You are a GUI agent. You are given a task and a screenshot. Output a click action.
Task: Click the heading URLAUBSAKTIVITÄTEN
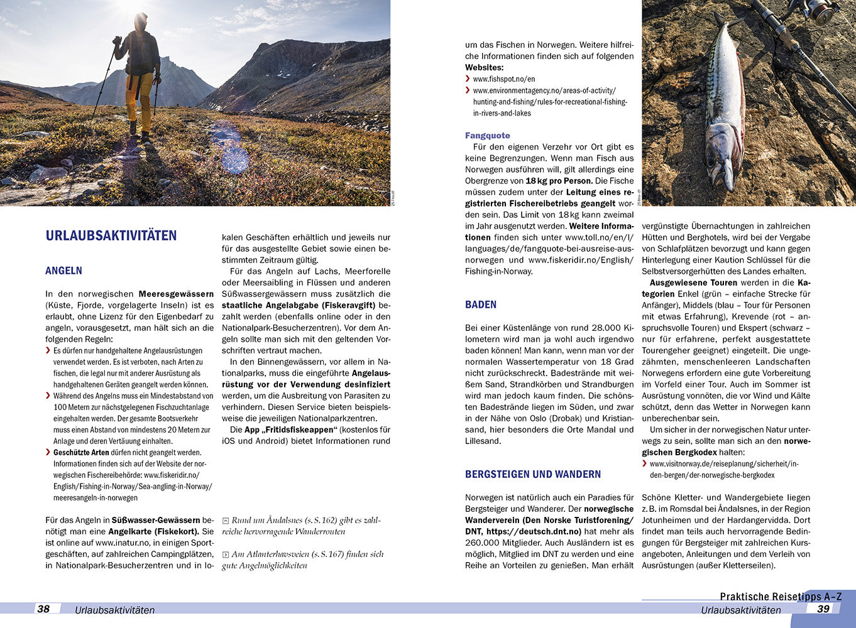[111, 236]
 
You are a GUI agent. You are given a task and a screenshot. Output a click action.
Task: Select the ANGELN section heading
[63, 271]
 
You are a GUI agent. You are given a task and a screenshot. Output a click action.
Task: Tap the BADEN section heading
[481, 305]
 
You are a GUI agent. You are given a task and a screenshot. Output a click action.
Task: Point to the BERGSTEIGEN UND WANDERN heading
[533, 474]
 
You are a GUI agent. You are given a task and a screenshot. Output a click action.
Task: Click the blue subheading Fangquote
[488, 136]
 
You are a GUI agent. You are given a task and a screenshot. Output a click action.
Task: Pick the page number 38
[43, 609]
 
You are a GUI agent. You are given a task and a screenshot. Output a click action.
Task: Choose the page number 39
[823, 609]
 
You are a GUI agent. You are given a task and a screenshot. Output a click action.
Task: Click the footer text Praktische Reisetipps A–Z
[781, 597]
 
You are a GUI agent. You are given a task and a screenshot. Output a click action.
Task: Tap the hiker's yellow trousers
[138, 97]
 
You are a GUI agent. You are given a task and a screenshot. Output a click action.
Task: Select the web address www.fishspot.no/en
[504, 79]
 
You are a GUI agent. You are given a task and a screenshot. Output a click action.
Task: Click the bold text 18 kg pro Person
[559, 181]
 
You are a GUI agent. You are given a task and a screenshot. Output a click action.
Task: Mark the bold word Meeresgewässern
[176, 294]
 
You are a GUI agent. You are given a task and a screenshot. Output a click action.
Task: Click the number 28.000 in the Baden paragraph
[605, 328]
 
